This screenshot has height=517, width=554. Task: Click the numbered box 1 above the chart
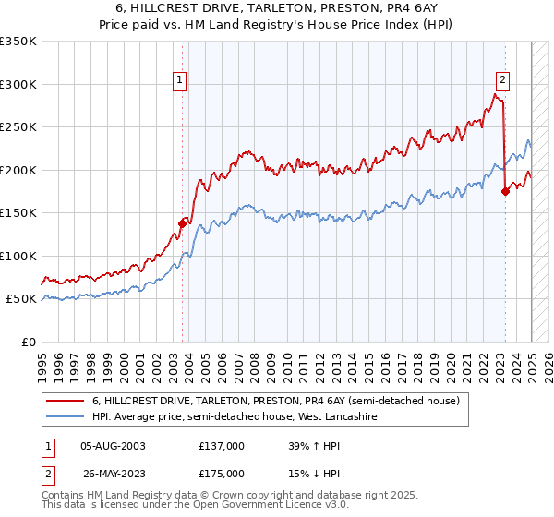click(x=182, y=80)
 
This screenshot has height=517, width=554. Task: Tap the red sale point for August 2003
click(x=182, y=222)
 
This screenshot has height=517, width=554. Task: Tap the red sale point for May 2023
click(x=505, y=191)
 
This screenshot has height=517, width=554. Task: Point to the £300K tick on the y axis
click(x=18, y=84)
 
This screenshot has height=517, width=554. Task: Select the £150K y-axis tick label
click(x=18, y=212)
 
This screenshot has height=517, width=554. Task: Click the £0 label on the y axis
click(x=29, y=342)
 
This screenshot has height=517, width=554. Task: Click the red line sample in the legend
click(x=66, y=401)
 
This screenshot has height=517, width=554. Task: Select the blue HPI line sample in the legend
click(x=66, y=417)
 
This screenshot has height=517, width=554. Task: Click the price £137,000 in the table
click(x=221, y=446)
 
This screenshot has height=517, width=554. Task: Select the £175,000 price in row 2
click(x=221, y=474)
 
